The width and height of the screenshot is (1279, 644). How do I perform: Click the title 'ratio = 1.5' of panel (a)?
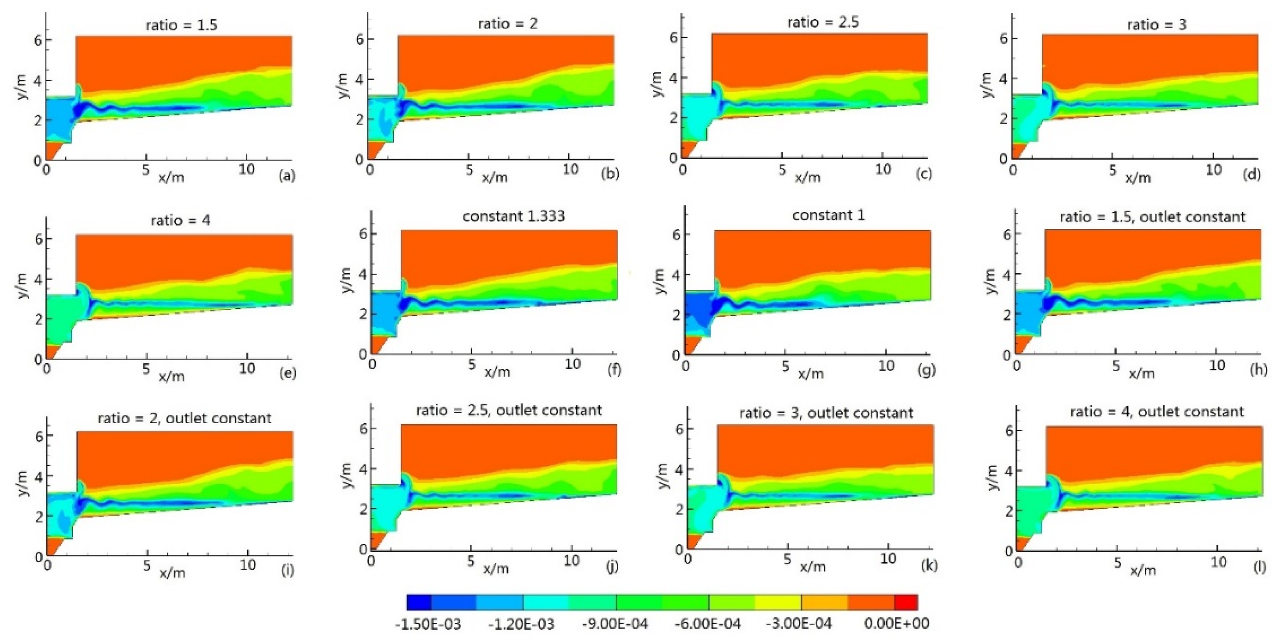click(x=181, y=25)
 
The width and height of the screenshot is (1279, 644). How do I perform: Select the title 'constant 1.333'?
click(x=513, y=216)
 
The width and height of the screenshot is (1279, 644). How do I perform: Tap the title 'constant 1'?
click(x=828, y=215)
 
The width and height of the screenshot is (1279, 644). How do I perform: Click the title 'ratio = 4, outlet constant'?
click(x=1157, y=412)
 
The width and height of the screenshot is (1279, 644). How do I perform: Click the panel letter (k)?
click(x=929, y=565)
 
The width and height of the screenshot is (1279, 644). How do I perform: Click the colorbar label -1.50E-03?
click(x=428, y=624)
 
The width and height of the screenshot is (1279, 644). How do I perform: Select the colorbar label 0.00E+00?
click(x=897, y=624)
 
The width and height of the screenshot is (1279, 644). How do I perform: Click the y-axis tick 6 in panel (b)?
click(x=359, y=39)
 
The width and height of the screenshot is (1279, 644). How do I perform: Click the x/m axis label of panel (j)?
click(x=496, y=568)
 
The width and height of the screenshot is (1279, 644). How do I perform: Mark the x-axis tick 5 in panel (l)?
click(x=1117, y=563)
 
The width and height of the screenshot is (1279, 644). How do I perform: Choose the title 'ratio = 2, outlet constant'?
click(x=184, y=418)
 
